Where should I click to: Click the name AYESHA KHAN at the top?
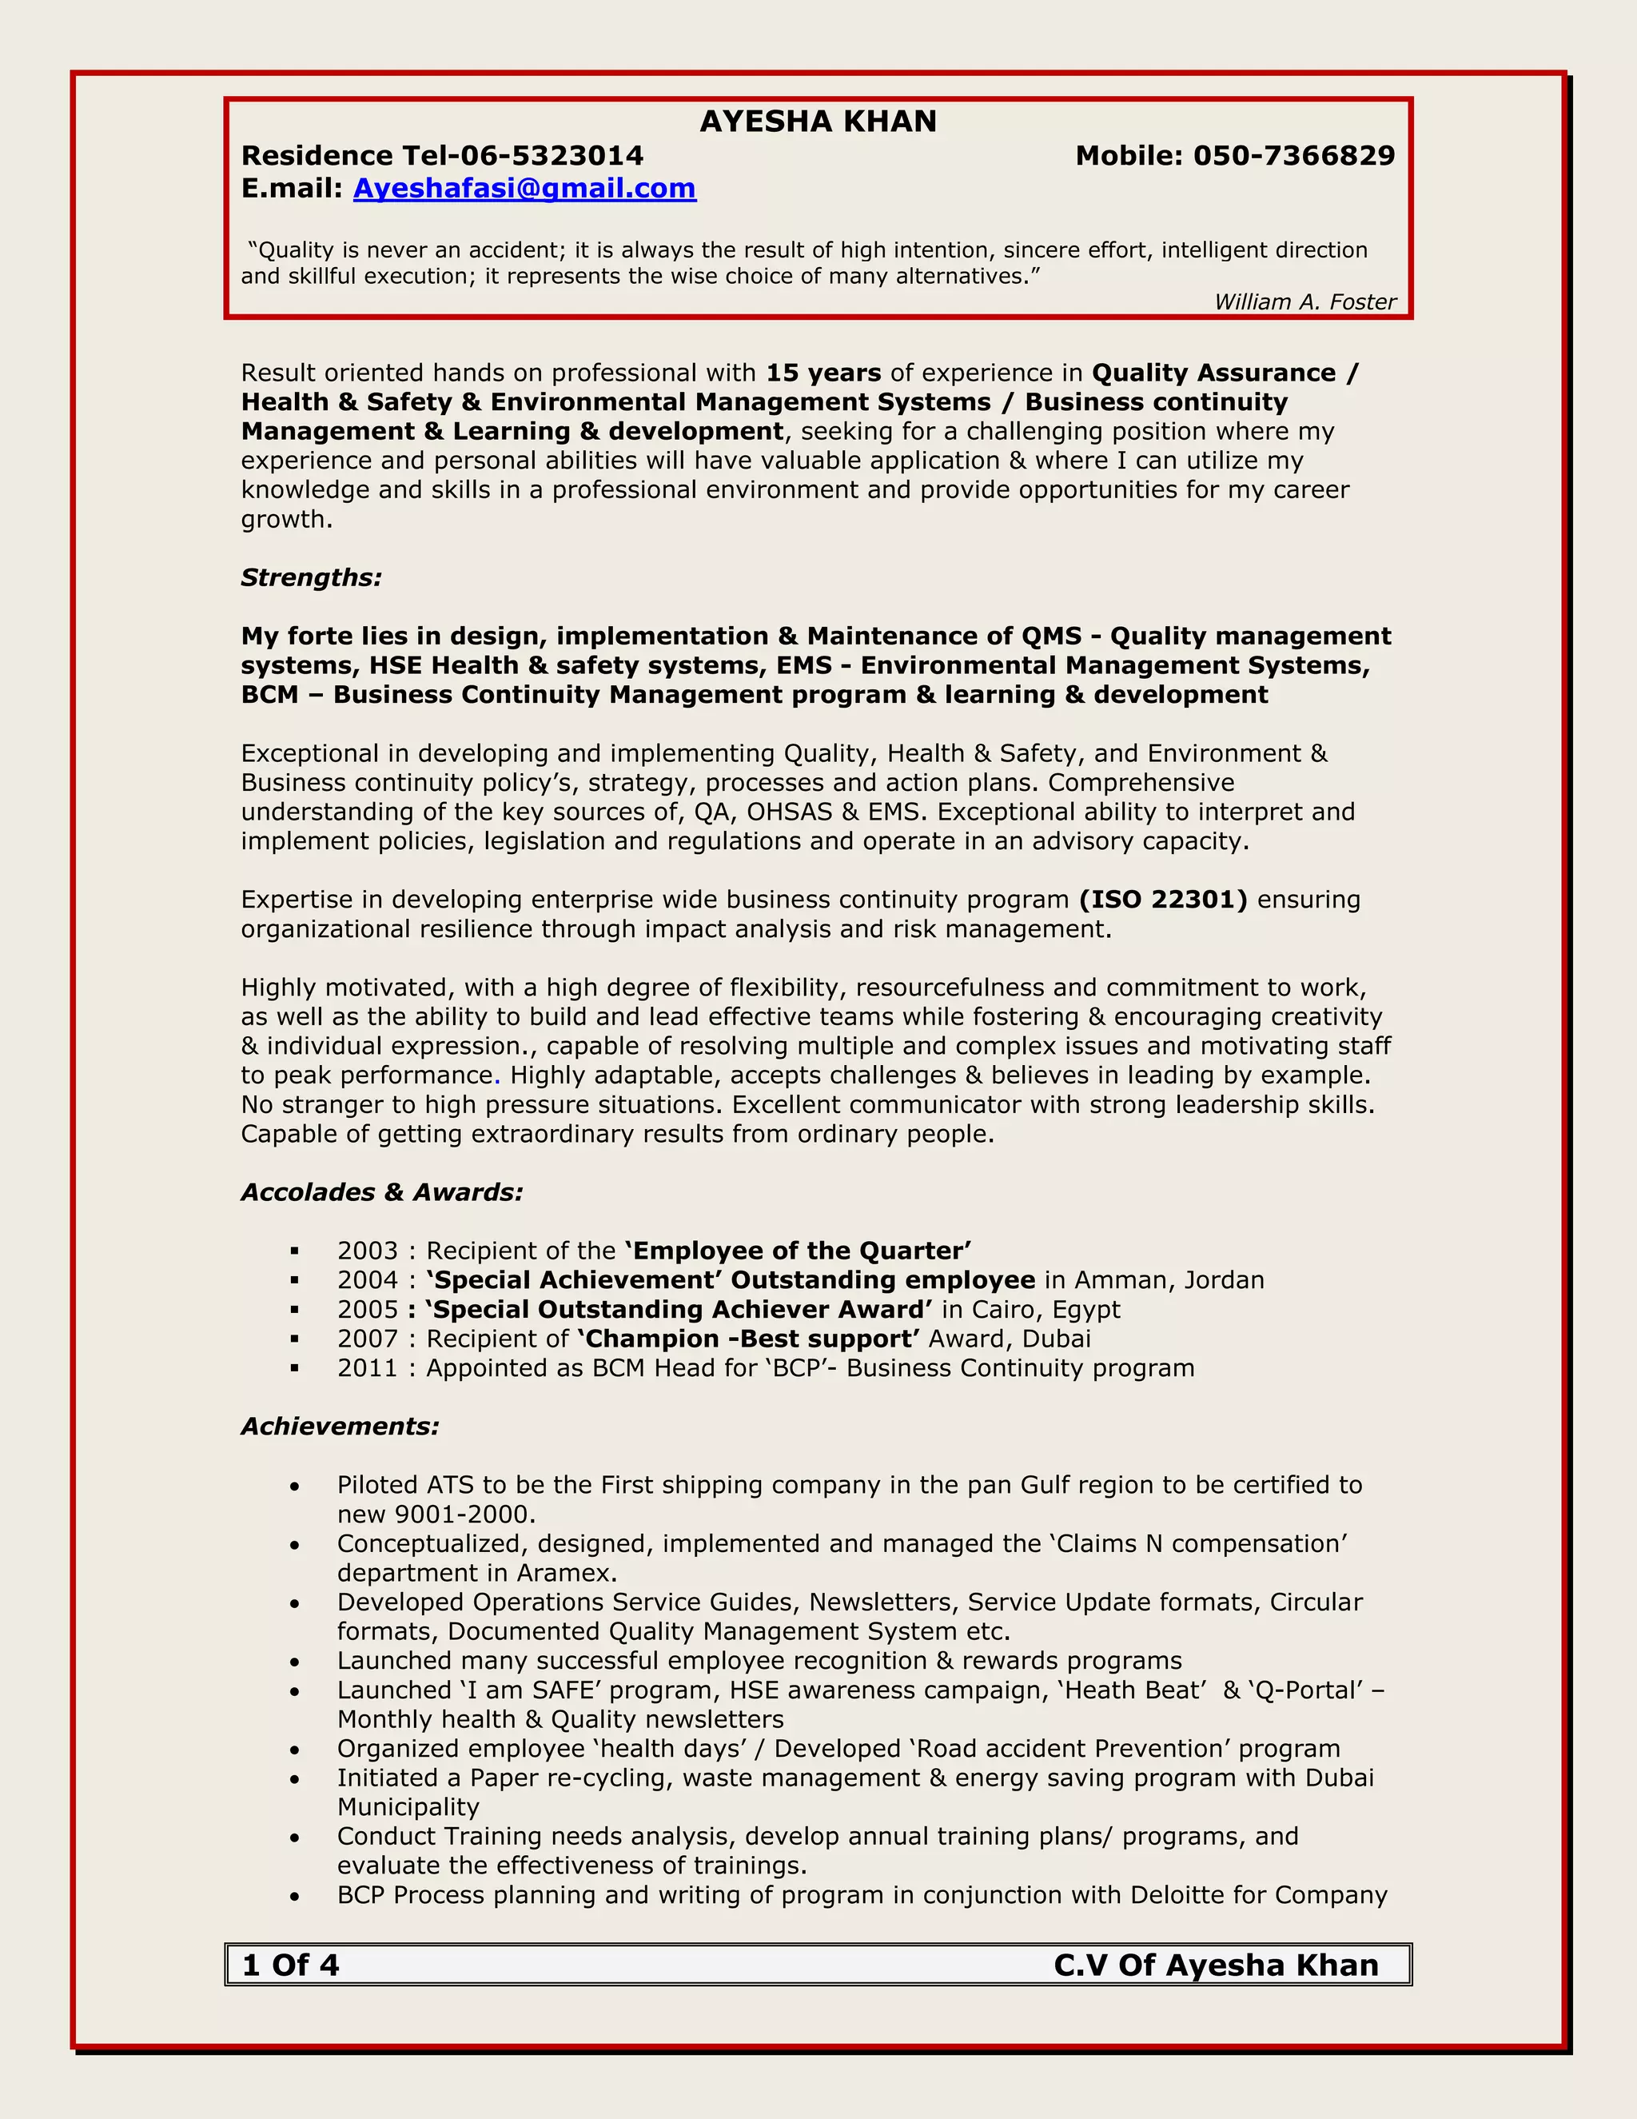[818, 122]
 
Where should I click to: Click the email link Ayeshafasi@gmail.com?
[524, 188]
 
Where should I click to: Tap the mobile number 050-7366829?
[1294, 155]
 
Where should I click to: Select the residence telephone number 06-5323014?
[551, 155]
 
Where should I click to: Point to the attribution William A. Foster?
[1304, 301]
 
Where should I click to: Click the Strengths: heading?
[311, 577]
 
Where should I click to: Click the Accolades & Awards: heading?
[382, 1191]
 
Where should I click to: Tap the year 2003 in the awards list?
[368, 1251]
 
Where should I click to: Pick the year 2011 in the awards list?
[368, 1368]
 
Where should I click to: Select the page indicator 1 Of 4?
[291, 1965]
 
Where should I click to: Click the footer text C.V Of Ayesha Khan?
[1215, 1965]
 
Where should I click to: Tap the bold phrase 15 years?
[823, 373]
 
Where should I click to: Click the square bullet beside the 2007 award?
[295, 1339]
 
